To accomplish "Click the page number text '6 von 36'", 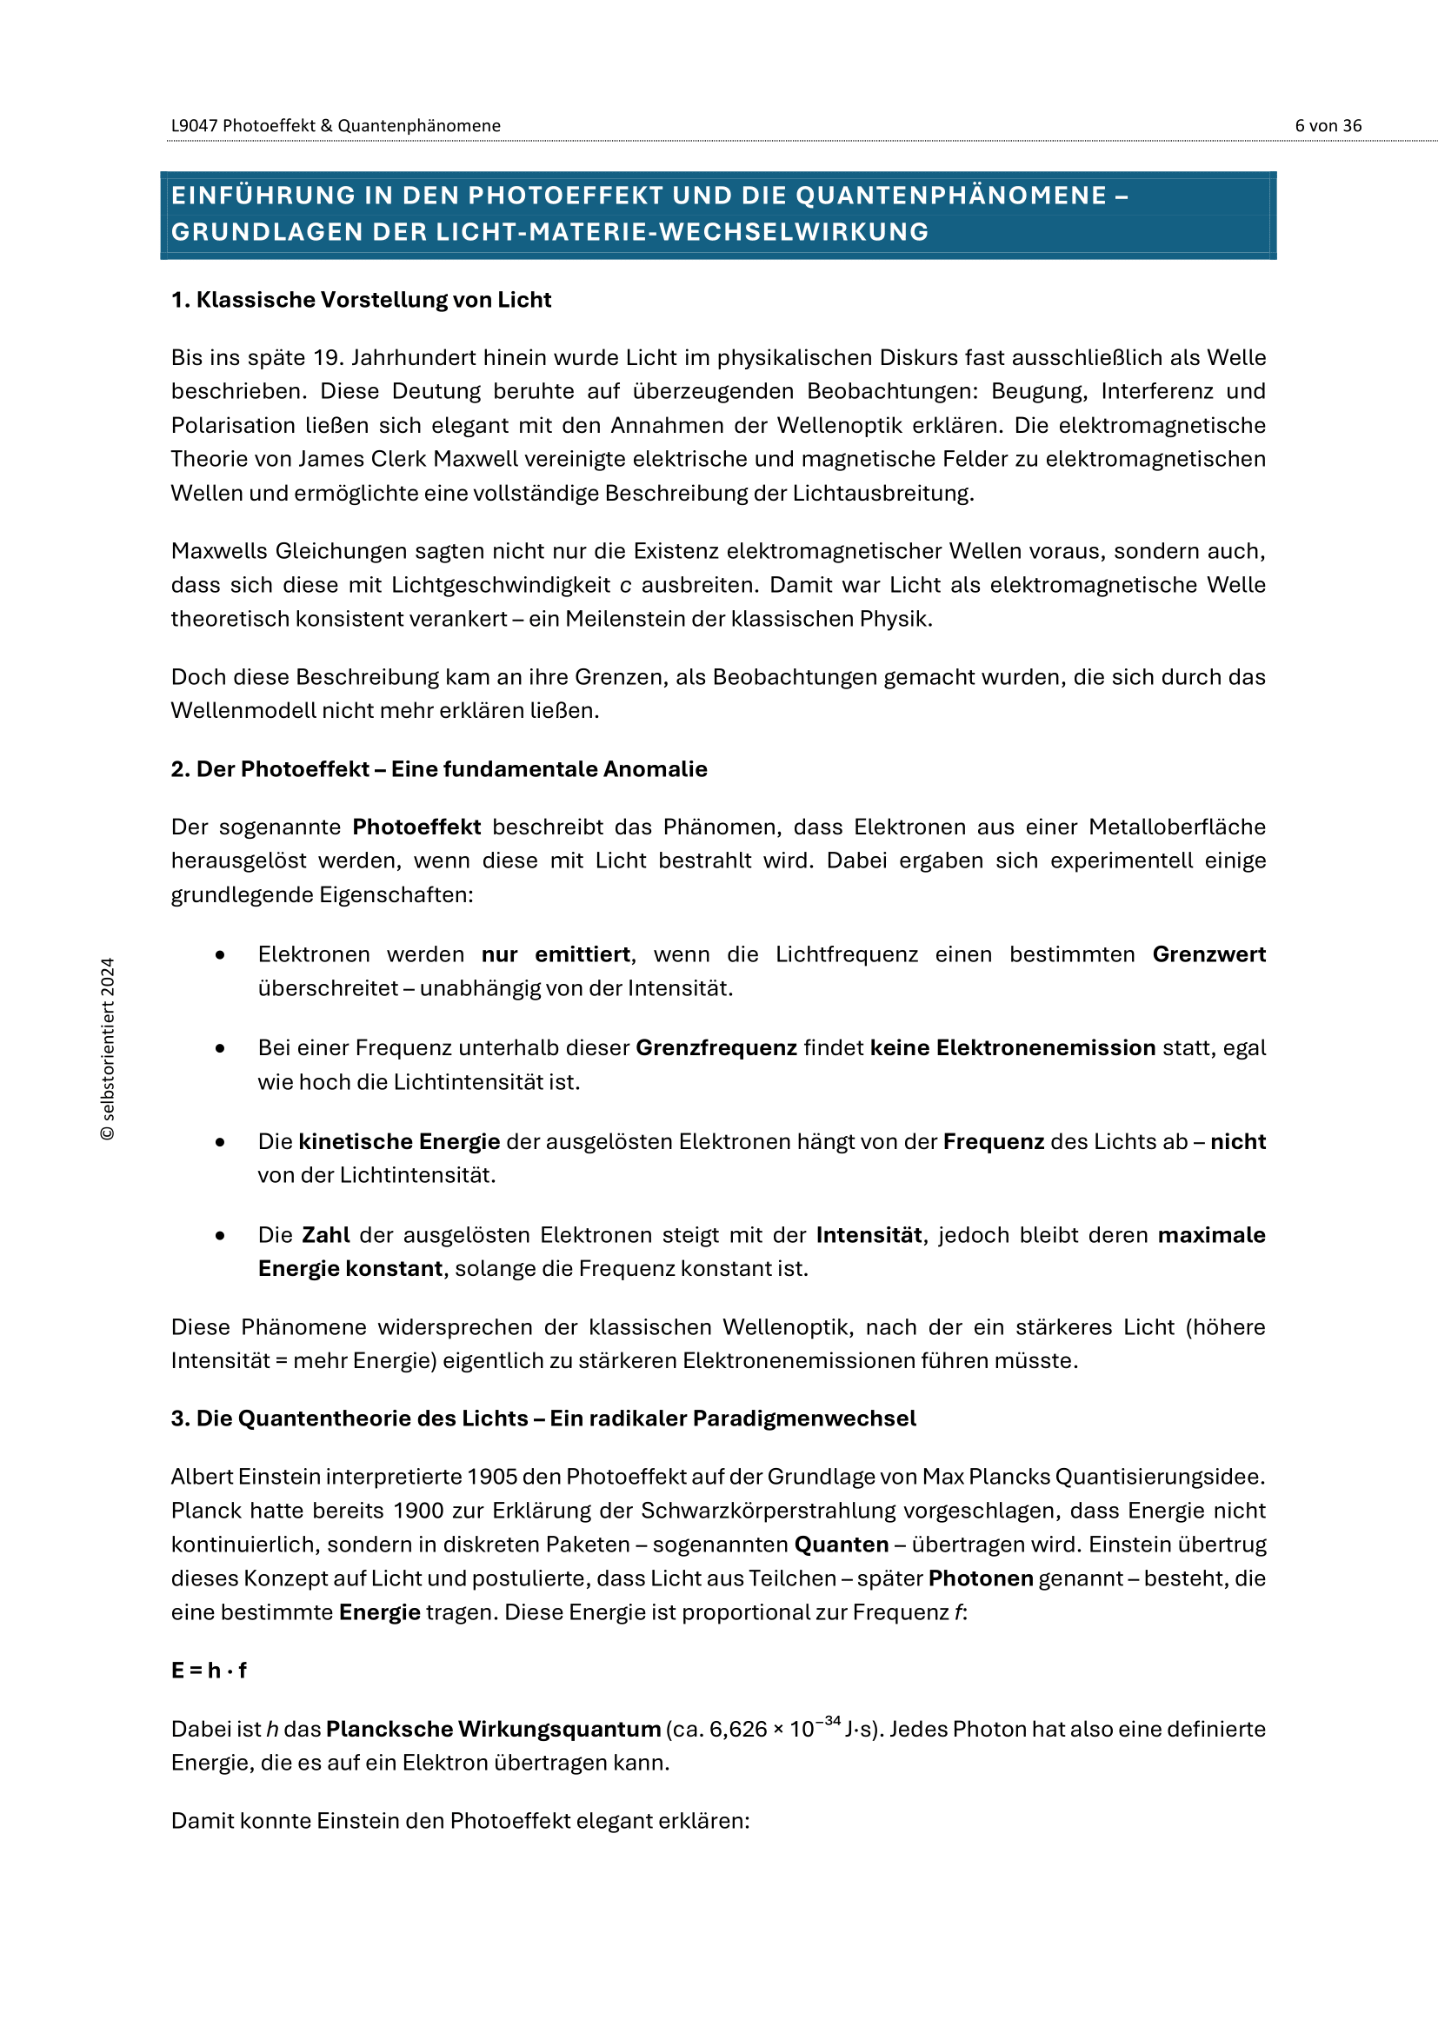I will (1328, 126).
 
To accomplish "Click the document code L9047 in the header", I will (194, 126).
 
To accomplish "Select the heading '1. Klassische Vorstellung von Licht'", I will (361, 300).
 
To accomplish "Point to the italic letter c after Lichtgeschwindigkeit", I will (625, 585).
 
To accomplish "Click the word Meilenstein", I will (625, 619).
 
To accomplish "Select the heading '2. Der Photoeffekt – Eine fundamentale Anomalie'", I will (438, 769).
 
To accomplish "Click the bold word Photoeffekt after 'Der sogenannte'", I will (416, 827).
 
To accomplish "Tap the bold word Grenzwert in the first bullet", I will (1208, 954).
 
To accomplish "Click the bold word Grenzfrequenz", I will (716, 1048).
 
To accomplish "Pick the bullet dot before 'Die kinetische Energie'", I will (220, 1142).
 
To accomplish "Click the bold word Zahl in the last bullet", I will (326, 1235).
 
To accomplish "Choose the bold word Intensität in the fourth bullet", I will (869, 1235).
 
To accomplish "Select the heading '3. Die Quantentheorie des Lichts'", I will (543, 1418).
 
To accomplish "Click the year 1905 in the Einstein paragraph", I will (492, 1477).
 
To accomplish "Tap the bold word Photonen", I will (981, 1578).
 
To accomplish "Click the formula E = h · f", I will (209, 1671).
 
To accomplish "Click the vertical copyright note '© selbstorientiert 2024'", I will (108, 1049).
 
